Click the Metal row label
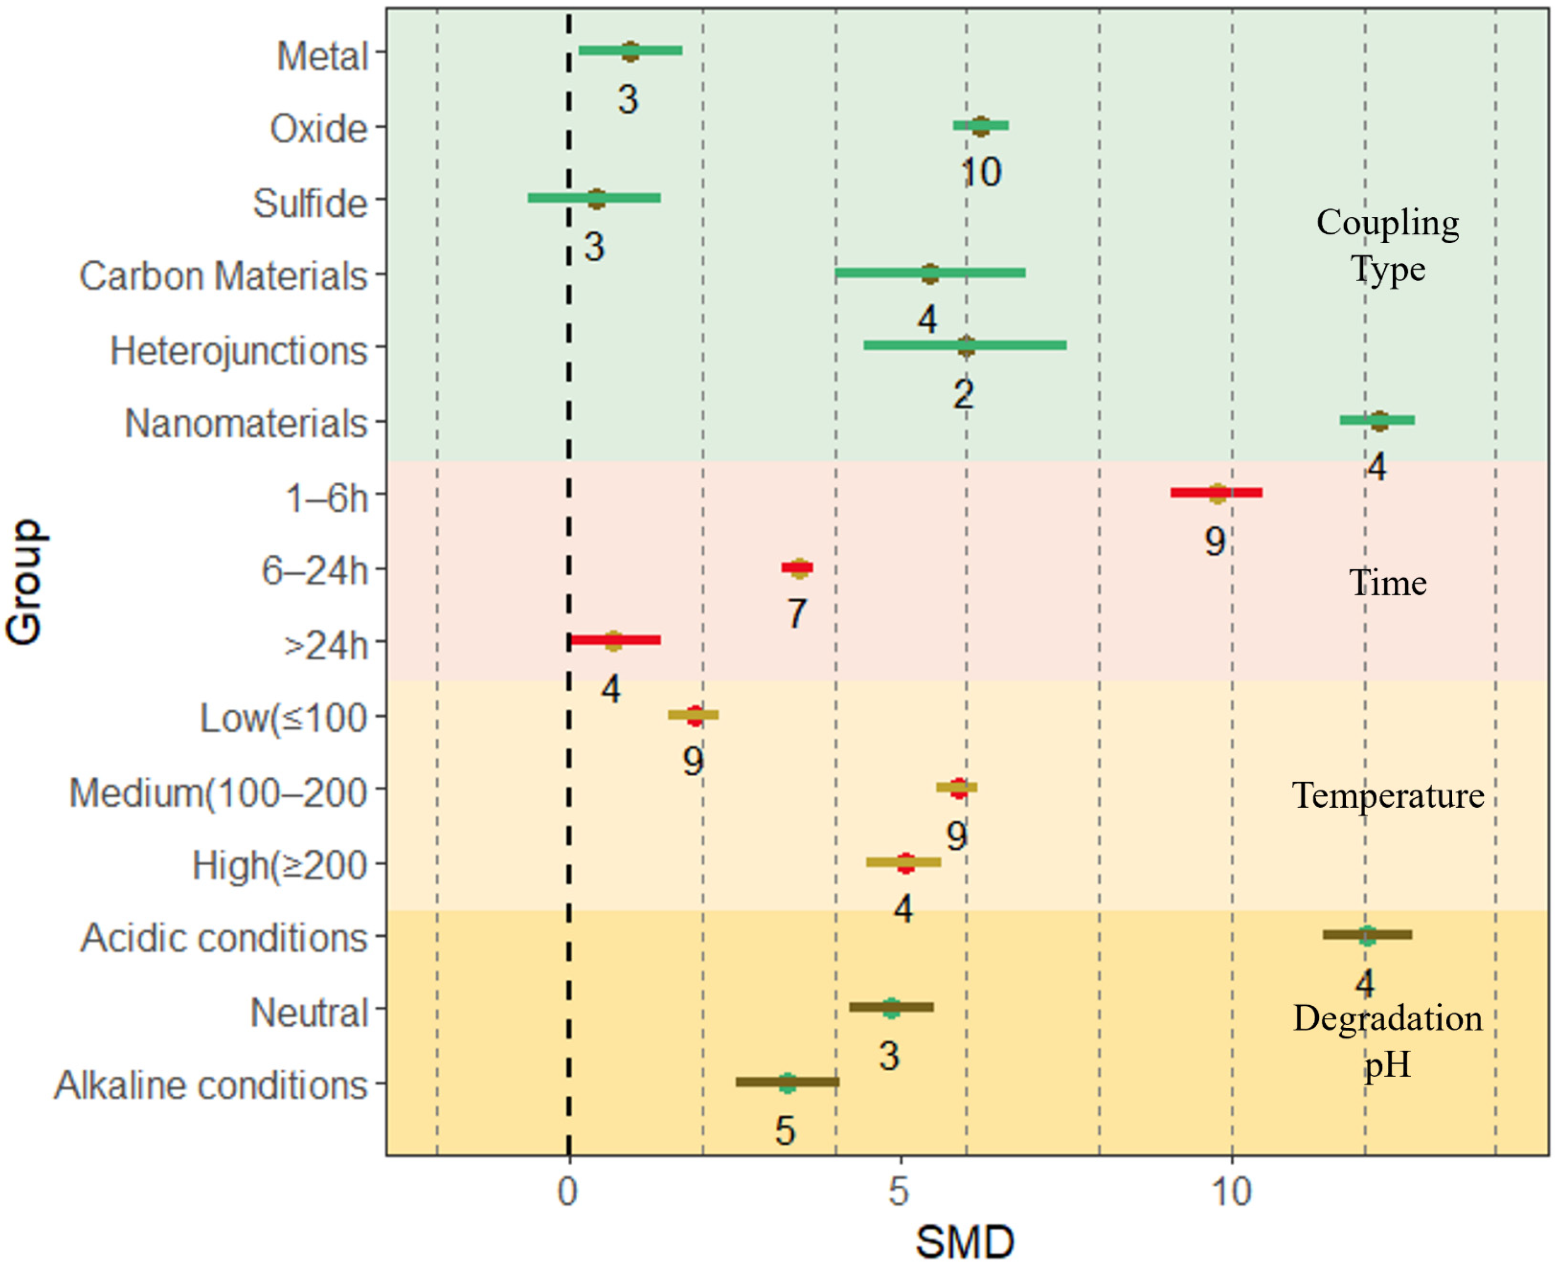(322, 56)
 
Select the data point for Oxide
(980, 126)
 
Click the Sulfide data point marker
(597, 199)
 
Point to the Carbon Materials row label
(223, 277)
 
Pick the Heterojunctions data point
(965, 346)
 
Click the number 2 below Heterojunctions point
(963, 394)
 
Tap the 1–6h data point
(1217, 493)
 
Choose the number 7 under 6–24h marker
(797, 613)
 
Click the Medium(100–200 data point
(958, 788)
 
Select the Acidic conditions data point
(1367, 936)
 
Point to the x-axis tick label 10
(1231, 1192)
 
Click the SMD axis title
(965, 1242)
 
